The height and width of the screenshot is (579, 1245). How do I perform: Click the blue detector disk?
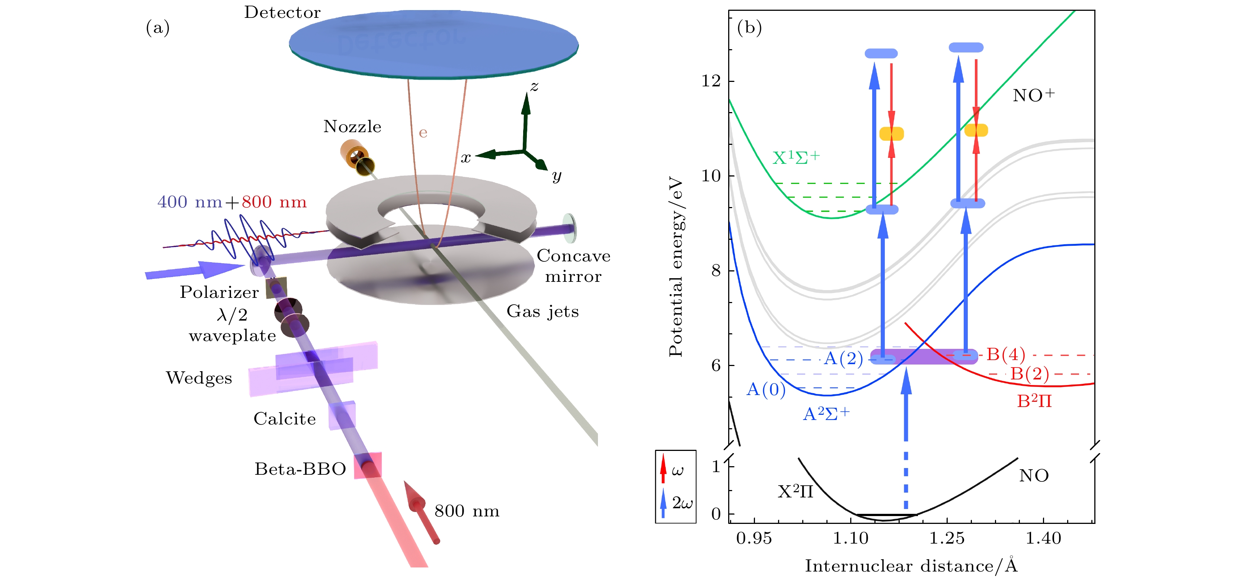(x=433, y=44)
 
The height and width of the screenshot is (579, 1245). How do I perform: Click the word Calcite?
(x=285, y=419)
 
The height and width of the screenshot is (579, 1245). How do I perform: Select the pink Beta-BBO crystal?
(x=368, y=465)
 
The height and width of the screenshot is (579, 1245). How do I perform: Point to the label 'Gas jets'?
(x=542, y=312)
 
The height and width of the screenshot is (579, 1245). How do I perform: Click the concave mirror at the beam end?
(x=569, y=228)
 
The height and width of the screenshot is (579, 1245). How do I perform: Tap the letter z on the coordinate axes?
(x=534, y=87)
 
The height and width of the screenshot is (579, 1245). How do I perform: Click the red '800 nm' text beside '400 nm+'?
(x=274, y=202)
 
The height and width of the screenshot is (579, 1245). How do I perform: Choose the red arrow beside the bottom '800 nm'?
(x=422, y=511)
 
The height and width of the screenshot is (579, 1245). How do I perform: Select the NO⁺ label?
(x=1033, y=95)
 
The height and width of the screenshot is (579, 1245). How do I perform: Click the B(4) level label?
(x=1005, y=354)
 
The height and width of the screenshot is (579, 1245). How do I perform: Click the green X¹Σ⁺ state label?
(x=796, y=158)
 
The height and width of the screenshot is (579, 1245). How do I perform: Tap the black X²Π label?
(x=795, y=492)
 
